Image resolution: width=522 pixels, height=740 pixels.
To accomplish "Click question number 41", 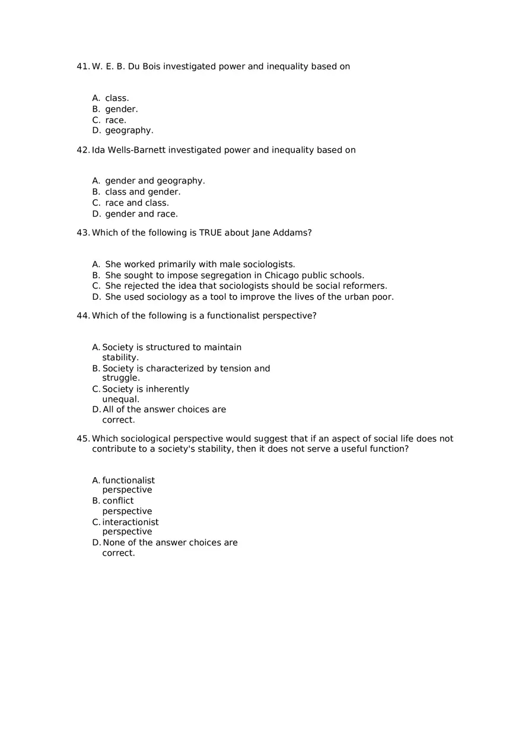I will tap(82, 66).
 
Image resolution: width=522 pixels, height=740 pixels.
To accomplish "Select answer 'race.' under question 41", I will tap(115, 120).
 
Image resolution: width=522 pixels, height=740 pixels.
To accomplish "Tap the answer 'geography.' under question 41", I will tap(129, 131).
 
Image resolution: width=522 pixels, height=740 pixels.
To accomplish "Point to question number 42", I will tap(82, 150).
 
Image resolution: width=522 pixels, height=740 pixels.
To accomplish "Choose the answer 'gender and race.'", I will tap(141, 214).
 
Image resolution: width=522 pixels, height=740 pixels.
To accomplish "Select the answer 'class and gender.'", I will tap(142, 192).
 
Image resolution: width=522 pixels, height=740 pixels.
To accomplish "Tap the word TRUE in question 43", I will tap(211, 233).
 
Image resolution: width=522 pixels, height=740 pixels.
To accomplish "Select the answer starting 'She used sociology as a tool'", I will tap(249, 297).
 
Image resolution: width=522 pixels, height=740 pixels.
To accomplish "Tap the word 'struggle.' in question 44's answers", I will tap(121, 378).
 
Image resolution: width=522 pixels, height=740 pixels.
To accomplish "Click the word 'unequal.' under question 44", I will tap(120, 399).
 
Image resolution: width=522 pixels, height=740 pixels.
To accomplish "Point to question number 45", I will tap(82, 439).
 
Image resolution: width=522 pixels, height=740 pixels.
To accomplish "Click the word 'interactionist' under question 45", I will tap(130, 522).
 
